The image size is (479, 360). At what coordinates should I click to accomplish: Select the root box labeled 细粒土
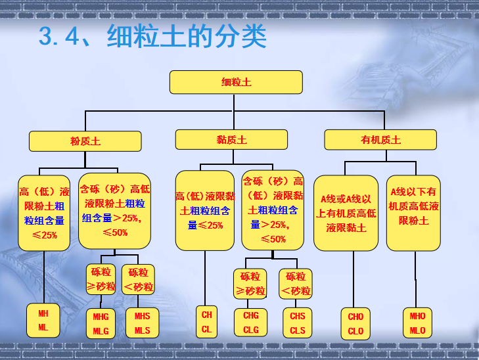pos(236,82)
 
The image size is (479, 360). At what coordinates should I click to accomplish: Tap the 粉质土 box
pos(85,140)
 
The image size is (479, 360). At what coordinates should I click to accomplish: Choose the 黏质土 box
pos(231,140)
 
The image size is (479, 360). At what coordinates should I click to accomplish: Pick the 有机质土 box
pos(380,140)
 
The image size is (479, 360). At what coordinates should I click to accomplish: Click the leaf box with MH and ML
pos(43,320)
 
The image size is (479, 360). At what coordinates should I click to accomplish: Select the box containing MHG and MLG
pos(101,323)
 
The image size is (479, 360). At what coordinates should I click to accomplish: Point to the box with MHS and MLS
pos(142,323)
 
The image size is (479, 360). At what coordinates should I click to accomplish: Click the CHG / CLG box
pos(251,323)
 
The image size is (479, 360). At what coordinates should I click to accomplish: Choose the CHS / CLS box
pos(298,323)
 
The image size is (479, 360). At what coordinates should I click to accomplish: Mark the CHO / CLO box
pos(355,324)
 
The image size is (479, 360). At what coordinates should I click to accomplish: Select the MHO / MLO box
pos(417,323)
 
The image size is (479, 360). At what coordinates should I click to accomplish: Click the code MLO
pos(417,330)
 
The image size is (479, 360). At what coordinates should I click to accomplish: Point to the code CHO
pos(355,317)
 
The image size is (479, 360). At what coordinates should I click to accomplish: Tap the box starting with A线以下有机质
pos(413,212)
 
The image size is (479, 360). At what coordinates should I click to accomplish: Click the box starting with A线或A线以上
pos(346,213)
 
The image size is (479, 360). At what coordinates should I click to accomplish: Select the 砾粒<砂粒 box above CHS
pos(296,284)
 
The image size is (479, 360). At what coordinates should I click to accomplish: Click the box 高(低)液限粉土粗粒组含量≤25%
pos(44,213)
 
